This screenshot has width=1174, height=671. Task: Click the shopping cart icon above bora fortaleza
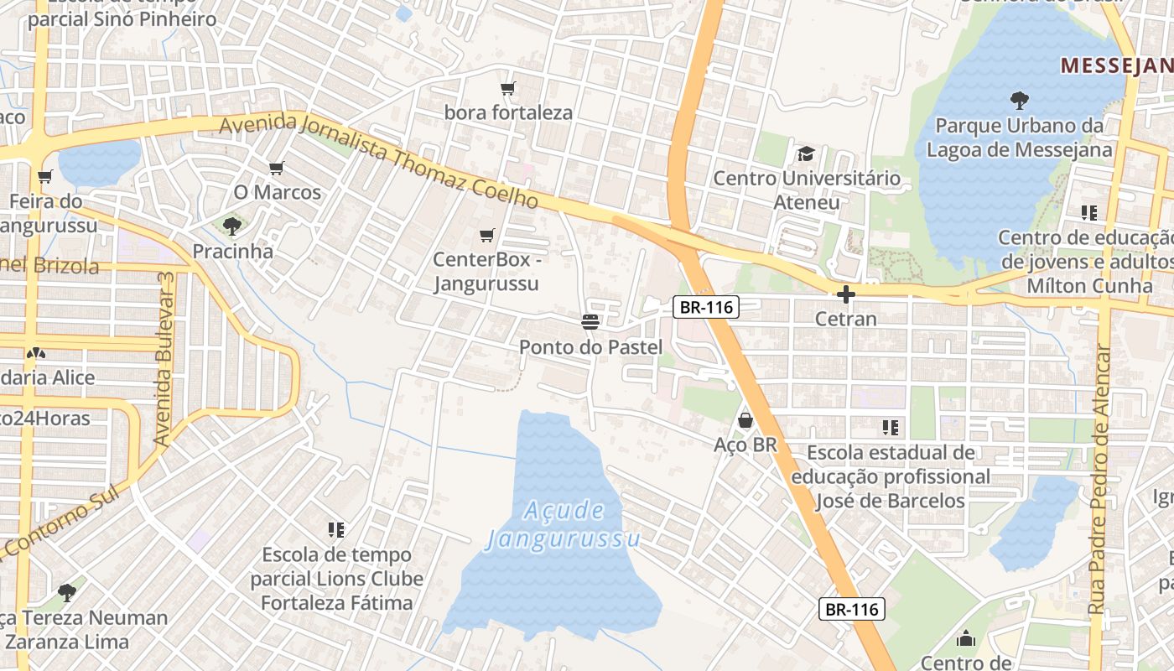point(507,88)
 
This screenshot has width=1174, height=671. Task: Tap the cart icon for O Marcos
point(277,168)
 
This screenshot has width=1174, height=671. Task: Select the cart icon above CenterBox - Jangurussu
point(486,236)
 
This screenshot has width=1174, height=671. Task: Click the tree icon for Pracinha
point(232,226)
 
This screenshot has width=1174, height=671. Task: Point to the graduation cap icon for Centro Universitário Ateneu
point(806,153)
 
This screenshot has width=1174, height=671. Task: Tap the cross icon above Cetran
point(845,294)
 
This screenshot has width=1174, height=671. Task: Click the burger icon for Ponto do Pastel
point(590,322)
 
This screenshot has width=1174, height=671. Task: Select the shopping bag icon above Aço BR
point(745,419)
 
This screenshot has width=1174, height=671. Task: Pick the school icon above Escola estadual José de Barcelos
point(890,428)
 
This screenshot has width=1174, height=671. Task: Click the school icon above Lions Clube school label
point(336,529)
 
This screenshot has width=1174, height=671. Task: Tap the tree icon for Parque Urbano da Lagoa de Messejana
point(1020,101)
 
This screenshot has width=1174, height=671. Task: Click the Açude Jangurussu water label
point(563,524)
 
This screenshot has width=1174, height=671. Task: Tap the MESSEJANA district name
point(1116,65)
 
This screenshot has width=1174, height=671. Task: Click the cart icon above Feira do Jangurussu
point(44,176)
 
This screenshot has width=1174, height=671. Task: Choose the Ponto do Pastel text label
point(590,347)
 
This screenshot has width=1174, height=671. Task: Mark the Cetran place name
point(846,320)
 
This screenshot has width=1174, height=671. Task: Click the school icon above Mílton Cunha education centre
point(1089,213)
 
